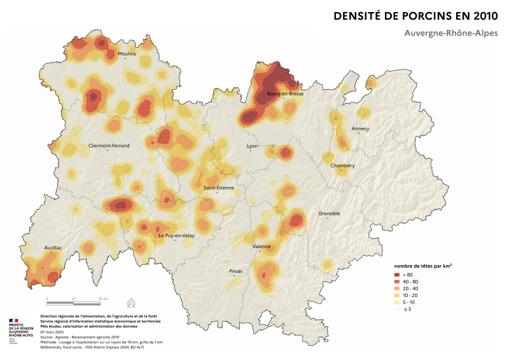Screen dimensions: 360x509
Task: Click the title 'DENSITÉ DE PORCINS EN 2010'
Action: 415,15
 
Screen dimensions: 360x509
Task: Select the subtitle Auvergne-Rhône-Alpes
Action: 450,32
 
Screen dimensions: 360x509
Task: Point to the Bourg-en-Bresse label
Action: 284,93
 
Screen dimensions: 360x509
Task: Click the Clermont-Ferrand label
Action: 109,146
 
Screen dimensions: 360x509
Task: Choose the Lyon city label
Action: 253,146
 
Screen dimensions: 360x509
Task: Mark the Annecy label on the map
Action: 360,128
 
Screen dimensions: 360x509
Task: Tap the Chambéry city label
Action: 342,166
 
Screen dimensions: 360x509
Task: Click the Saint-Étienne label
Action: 218,188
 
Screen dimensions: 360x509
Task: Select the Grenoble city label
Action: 329,214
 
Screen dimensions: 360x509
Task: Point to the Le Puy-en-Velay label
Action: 176,235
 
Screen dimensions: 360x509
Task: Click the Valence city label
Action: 261,246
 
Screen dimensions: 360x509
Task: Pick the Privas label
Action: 235,272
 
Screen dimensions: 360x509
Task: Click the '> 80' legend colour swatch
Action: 396,275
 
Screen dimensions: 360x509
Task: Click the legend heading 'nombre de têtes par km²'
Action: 423,265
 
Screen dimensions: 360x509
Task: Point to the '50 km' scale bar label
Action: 103,298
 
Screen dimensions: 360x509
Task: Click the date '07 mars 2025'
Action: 53,332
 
